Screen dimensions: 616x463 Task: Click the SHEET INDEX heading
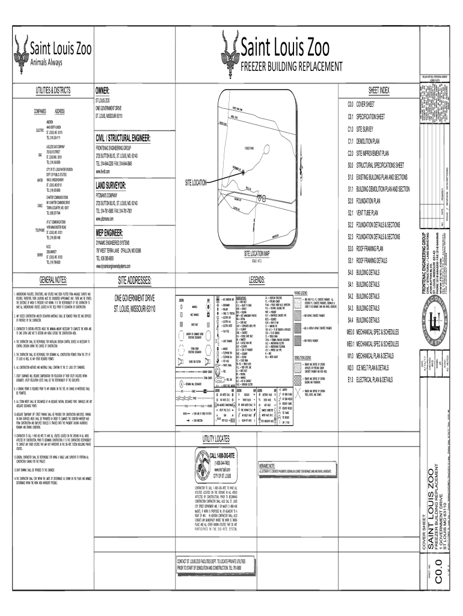pyautogui.click(x=379, y=90)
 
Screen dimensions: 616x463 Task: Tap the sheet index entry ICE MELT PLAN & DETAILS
pyautogui.click(x=372, y=367)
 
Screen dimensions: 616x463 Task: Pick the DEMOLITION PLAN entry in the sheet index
pyautogui.click(x=369, y=141)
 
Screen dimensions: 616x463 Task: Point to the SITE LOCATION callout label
pyautogui.click(x=192, y=182)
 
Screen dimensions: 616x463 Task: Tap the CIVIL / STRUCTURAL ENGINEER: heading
pyautogui.click(x=126, y=138)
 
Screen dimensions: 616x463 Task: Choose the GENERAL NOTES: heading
pyautogui.click(x=54, y=280)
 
